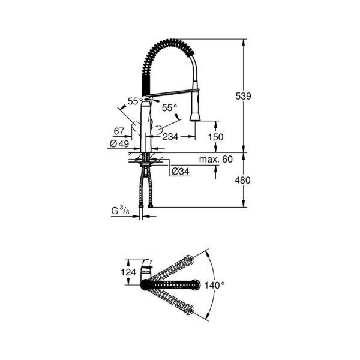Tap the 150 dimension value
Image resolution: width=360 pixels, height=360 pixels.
pos(214,137)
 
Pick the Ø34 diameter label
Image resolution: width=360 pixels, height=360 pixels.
pos(180,172)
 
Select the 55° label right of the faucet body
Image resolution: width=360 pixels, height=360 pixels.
pos(170,108)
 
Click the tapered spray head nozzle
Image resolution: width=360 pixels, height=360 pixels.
pos(194,113)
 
